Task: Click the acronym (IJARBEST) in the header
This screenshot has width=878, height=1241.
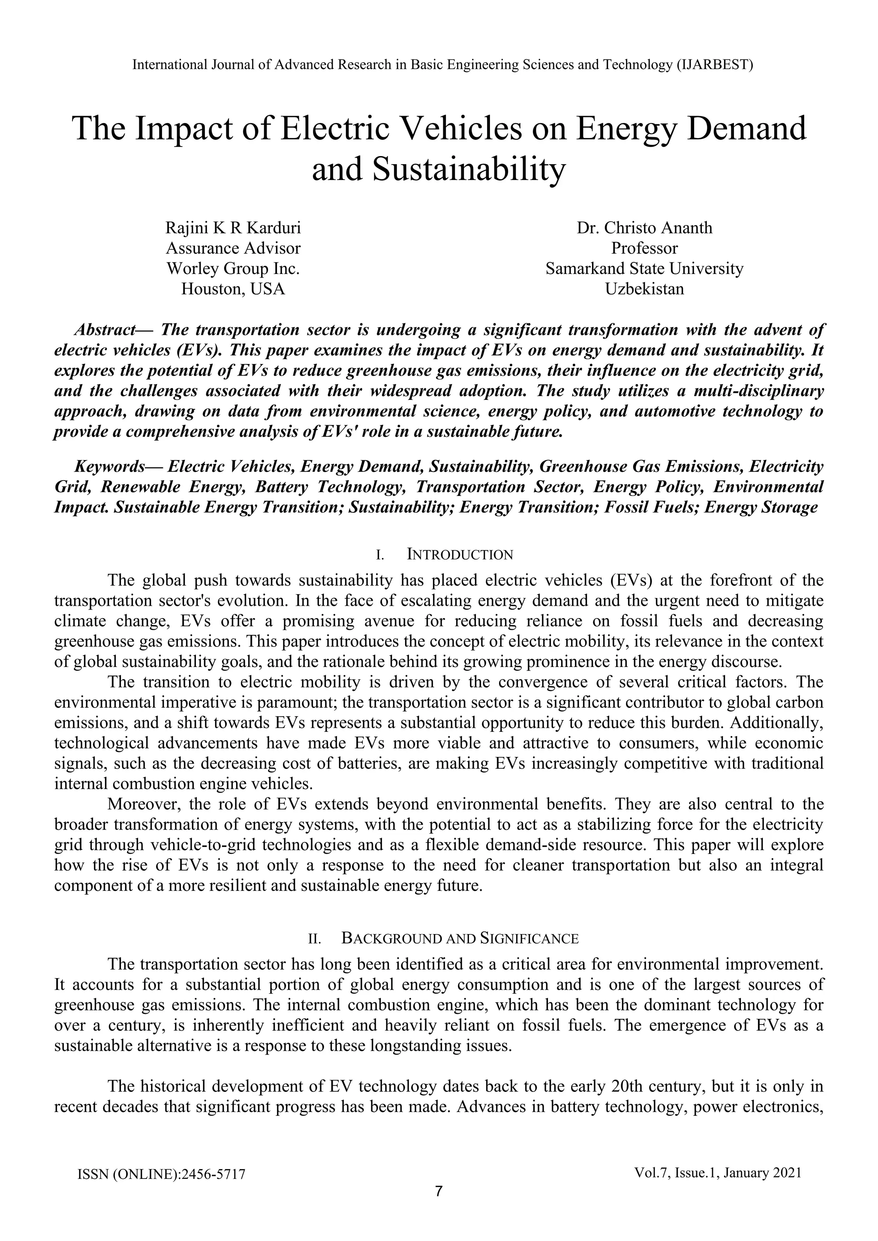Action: pos(714,65)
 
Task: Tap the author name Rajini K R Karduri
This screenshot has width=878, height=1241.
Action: pos(233,228)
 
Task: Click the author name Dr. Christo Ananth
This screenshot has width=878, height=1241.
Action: pos(644,228)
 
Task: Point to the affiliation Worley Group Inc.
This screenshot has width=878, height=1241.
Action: pos(233,269)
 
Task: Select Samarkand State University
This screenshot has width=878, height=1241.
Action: pos(644,269)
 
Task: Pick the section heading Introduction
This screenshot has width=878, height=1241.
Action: pos(460,555)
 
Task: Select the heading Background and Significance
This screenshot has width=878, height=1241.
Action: pos(460,939)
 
